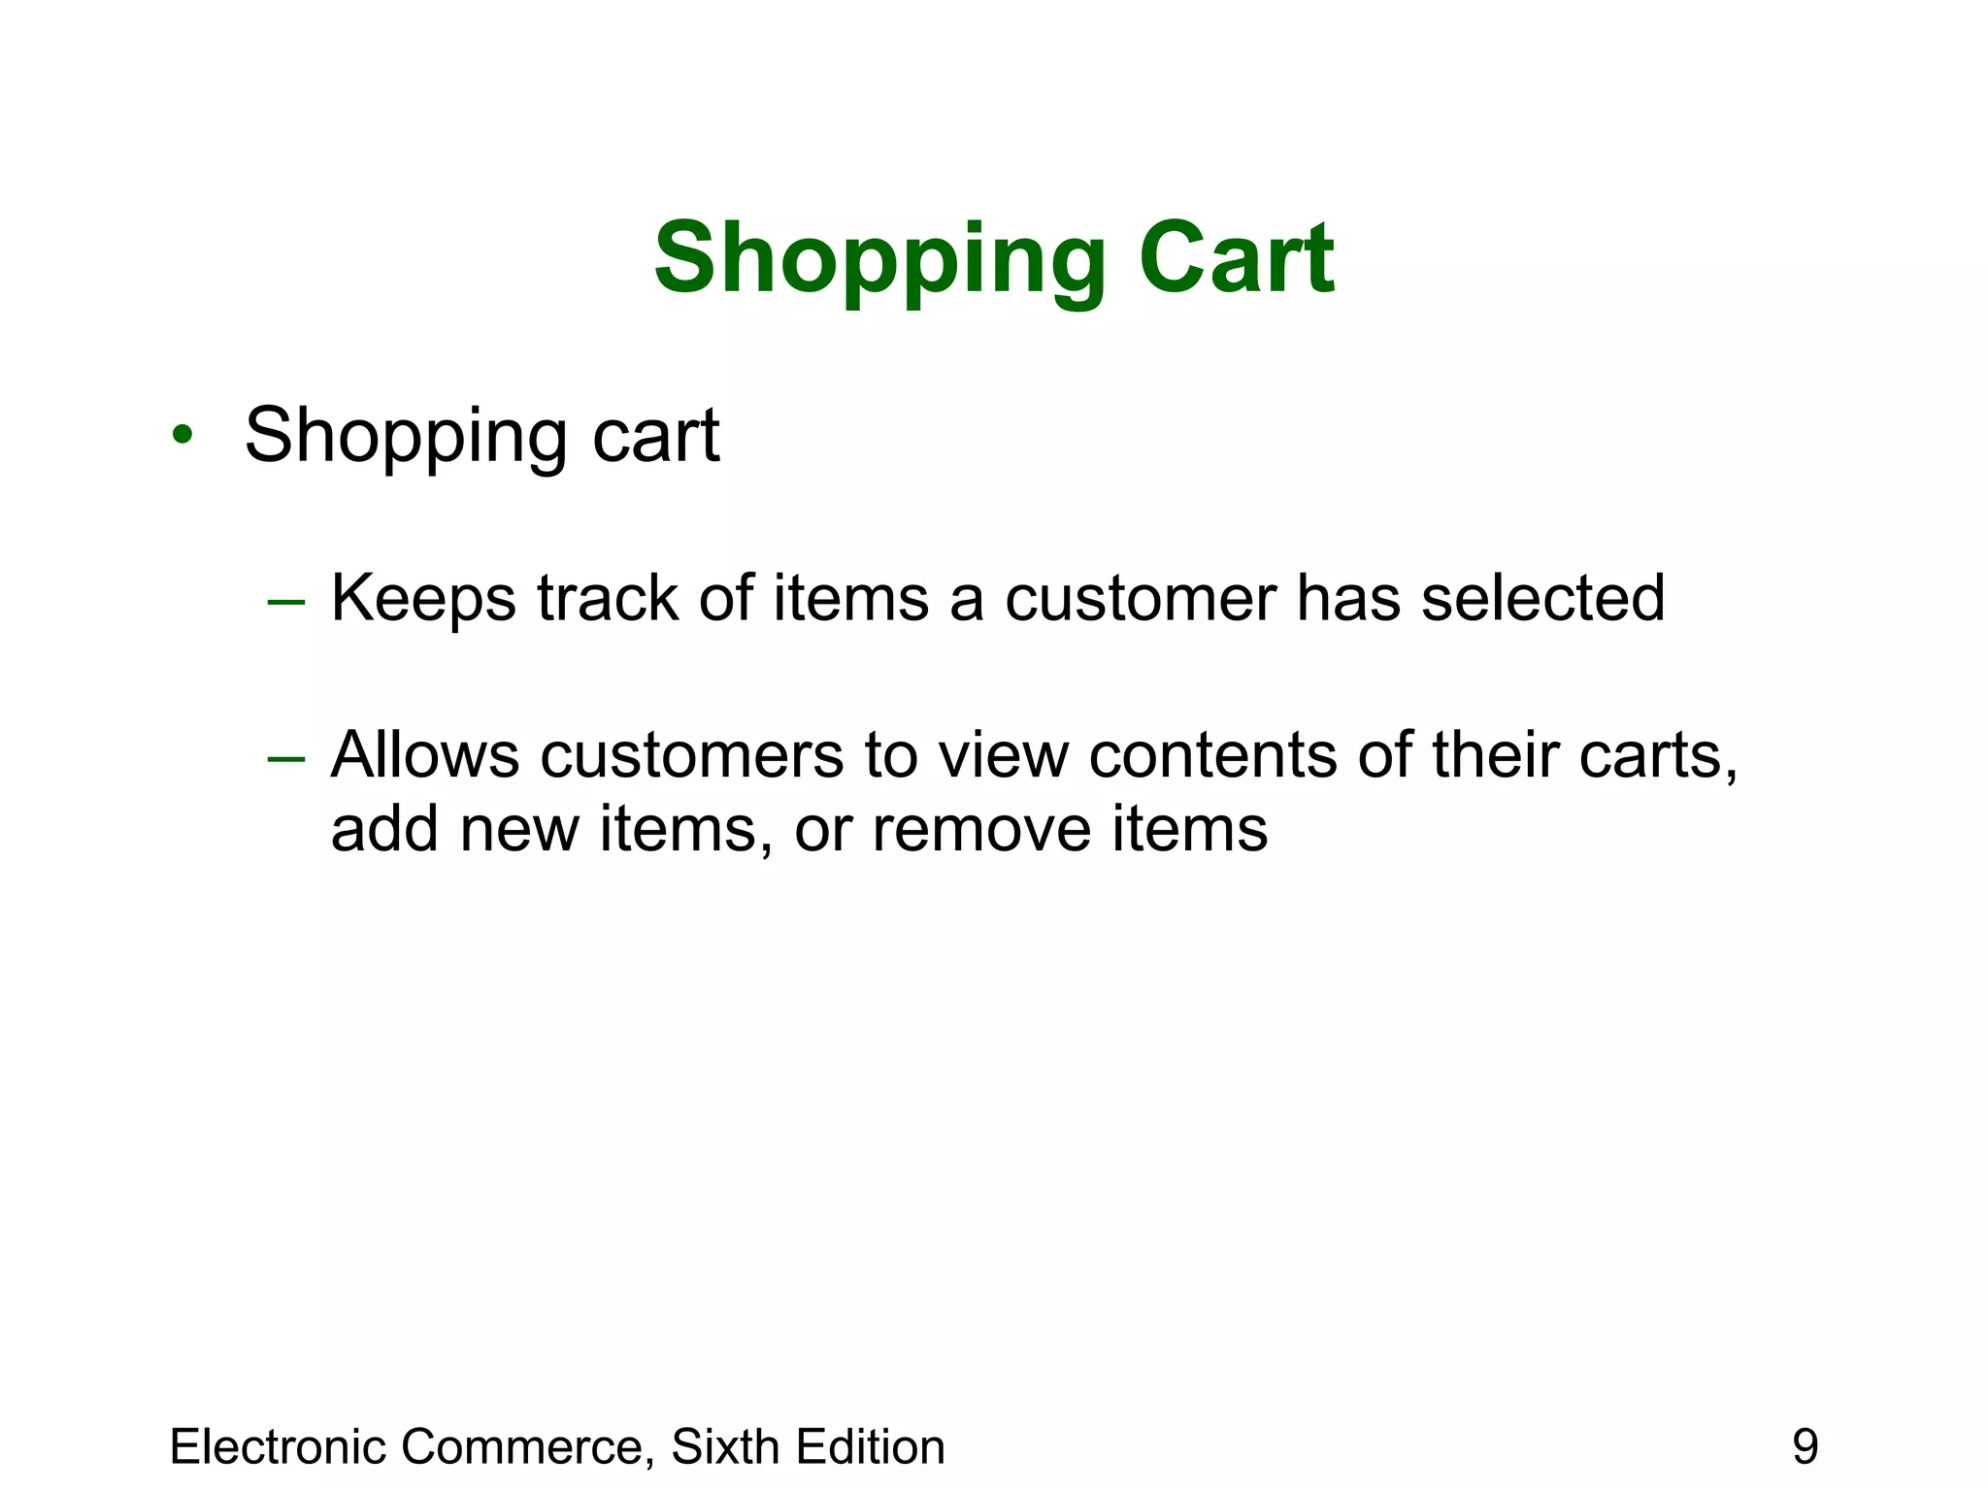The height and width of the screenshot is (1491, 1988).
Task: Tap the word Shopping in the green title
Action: [x=879, y=260]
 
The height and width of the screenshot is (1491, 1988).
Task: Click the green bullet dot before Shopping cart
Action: [x=182, y=434]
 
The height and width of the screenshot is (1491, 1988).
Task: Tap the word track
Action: [x=608, y=598]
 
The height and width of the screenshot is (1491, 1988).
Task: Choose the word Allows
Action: [x=424, y=755]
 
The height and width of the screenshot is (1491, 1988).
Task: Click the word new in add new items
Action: [x=519, y=830]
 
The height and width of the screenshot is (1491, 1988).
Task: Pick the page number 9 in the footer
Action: [x=1805, y=1446]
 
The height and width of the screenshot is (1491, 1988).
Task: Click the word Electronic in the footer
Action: [x=279, y=1446]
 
